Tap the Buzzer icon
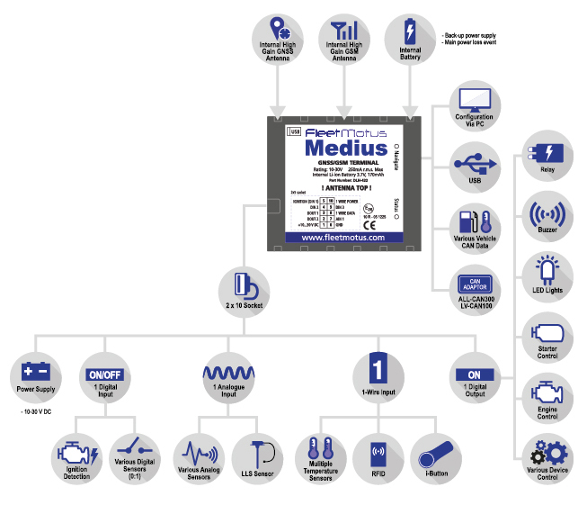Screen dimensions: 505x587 (547, 215)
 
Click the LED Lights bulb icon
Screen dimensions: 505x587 (547, 273)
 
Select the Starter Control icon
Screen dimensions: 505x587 (547, 332)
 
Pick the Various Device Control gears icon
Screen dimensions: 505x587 (547, 451)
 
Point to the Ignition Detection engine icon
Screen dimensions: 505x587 (75, 450)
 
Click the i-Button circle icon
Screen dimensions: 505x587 (437, 450)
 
